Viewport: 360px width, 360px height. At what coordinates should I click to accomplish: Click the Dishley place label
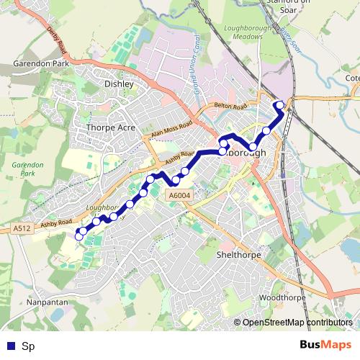coord(120,84)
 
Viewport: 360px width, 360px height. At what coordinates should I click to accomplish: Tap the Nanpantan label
coord(47,302)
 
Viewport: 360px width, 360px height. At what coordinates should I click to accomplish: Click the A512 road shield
coord(22,228)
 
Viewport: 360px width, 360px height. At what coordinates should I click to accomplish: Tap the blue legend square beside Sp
coord(9,346)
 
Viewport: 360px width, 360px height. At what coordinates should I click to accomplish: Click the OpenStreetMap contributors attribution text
coord(297,323)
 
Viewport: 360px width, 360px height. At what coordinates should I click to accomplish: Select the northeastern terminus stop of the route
coord(279,106)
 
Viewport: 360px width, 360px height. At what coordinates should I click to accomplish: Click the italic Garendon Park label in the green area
coord(27,169)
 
